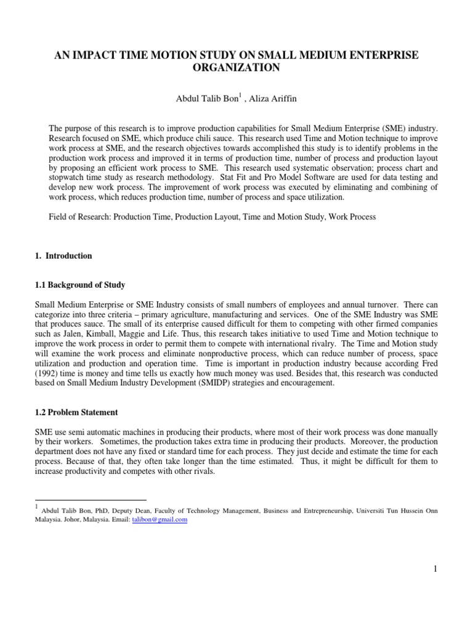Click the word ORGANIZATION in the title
pos(236,68)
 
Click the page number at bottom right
pos(435,569)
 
